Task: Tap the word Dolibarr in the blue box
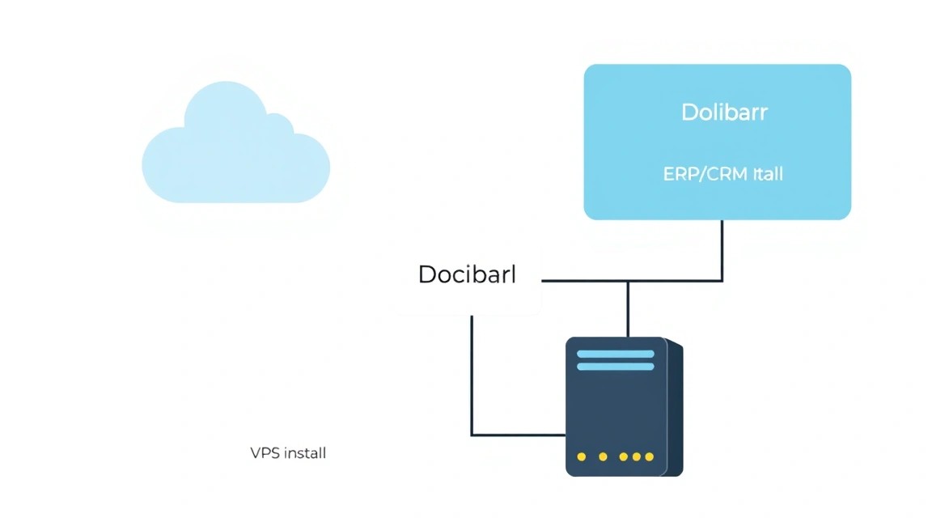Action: pyautogui.click(x=724, y=113)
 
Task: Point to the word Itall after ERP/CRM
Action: pyautogui.click(x=768, y=174)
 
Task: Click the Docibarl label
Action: pyautogui.click(x=467, y=274)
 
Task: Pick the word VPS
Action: pyautogui.click(x=265, y=453)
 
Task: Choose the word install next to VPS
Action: pyautogui.click(x=305, y=453)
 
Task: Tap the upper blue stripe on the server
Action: pyautogui.click(x=615, y=354)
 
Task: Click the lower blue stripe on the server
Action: pyautogui.click(x=615, y=367)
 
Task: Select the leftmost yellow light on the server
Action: pyautogui.click(x=582, y=456)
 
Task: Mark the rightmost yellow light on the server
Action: pyautogui.click(x=649, y=456)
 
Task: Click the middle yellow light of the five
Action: pyautogui.click(x=623, y=456)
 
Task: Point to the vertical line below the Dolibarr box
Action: pyautogui.click(x=722, y=250)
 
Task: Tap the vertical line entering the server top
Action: pyautogui.click(x=628, y=308)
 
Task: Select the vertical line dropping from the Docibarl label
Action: pyautogui.click(x=472, y=376)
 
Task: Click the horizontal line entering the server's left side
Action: pyautogui.click(x=519, y=435)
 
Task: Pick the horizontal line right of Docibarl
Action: pyautogui.click(x=633, y=280)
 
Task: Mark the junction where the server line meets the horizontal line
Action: pyautogui.click(x=628, y=280)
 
